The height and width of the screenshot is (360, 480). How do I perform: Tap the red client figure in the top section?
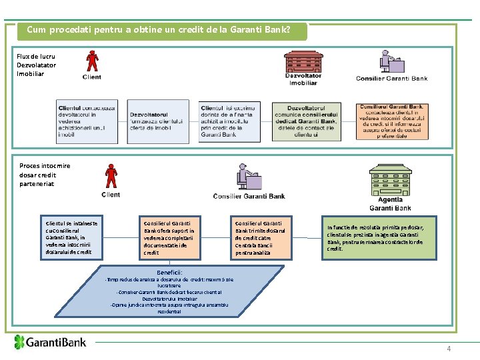(91, 62)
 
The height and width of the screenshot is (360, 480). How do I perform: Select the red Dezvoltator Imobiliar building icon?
(303, 61)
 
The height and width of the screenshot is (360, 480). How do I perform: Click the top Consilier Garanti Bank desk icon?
(393, 61)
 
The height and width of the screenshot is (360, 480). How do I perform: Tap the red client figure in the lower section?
(111, 177)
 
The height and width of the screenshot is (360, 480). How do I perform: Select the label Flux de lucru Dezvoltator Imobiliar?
(37, 65)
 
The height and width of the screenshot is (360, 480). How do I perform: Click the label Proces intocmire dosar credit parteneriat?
(45, 175)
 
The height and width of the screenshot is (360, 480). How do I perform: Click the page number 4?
(449, 349)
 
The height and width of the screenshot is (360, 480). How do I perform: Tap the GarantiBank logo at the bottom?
(51, 343)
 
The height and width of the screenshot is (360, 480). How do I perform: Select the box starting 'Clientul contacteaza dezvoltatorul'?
(87, 121)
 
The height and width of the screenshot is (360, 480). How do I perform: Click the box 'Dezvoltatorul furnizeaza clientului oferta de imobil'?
(158, 121)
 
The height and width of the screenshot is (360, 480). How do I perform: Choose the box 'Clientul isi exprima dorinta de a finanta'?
(227, 121)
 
